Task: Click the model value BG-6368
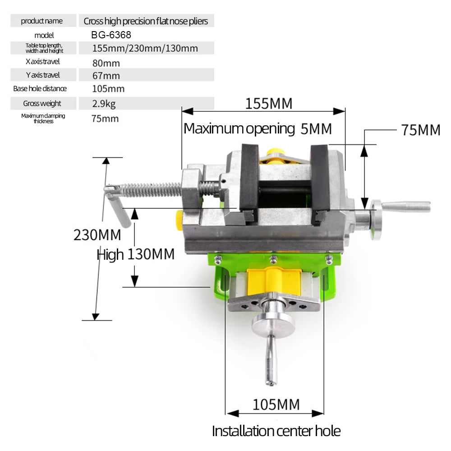coord(111,35)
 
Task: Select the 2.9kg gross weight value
coord(104,104)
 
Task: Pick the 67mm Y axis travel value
coord(106,76)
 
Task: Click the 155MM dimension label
coord(268,104)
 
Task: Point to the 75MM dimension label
coord(420,130)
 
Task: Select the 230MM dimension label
coord(97,235)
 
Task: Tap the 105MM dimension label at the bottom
coord(276,405)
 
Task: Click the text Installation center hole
coord(276,431)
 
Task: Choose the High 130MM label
coord(135,255)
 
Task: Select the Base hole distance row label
coord(40,89)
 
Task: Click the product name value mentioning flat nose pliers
coord(146,21)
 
